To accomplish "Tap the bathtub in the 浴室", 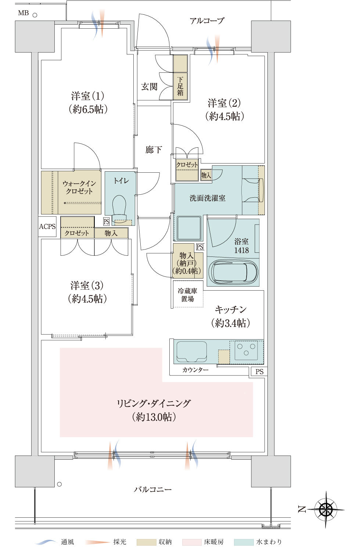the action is pos(233,272).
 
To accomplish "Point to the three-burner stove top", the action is pos(246,350).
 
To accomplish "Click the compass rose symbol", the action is pos(326,509).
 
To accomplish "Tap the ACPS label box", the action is pos(47,226).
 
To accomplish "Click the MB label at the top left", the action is pos(24,13).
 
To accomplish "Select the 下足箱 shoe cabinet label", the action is pos(180,86).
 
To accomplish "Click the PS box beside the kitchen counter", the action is pos(259,371).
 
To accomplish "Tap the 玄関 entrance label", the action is pos(149,87).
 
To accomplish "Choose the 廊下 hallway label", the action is pos(154,150).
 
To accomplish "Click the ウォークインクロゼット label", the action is pos(79,187).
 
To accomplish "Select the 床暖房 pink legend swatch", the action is pos(192,542).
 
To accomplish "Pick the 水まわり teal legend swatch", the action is pos(244,542).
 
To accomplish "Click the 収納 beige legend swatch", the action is pos(146,542).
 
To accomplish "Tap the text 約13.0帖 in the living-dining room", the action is pos(154,417).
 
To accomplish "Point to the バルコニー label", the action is pos(153,489).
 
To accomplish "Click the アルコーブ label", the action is pos(207,21).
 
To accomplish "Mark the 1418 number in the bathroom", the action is pos(241,250).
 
